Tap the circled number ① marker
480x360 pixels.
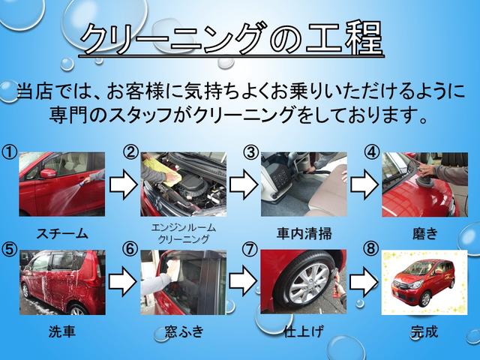(x=10, y=152)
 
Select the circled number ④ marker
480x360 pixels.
(x=371, y=152)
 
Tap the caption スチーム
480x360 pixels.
(x=61, y=233)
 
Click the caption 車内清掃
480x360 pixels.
(x=304, y=233)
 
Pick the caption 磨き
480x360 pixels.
(x=424, y=233)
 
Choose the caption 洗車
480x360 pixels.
(x=61, y=331)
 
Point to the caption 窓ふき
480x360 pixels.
(x=184, y=331)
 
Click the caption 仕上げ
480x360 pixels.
(x=304, y=331)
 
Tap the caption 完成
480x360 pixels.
(x=424, y=331)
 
